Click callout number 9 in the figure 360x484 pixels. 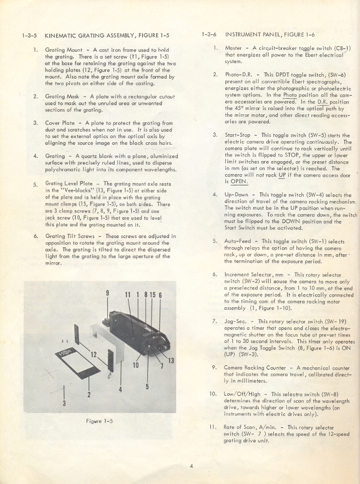[107, 294]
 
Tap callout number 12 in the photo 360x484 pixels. [94, 355]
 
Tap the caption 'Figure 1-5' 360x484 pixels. [99, 420]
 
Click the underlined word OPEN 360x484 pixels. [238, 182]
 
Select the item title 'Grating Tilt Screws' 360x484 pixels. [69, 236]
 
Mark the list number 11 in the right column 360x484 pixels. [213, 426]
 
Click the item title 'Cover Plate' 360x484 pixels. [61, 122]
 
